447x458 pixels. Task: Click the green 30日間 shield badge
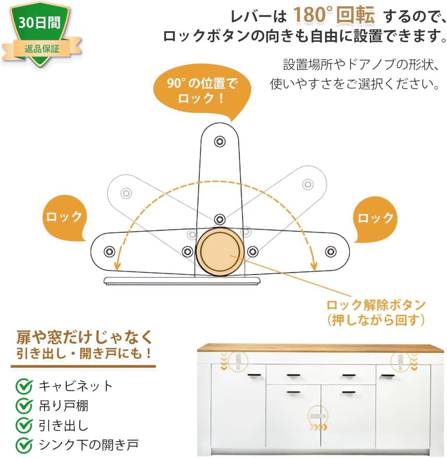click(40, 27)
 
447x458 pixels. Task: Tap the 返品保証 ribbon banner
click(42, 49)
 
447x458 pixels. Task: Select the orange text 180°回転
click(334, 16)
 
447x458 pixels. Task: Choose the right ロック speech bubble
click(375, 218)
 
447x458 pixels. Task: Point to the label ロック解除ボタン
click(376, 305)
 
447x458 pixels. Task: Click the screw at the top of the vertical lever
click(219, 142)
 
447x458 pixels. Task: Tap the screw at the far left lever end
click(110, 251)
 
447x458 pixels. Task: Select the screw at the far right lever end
click(330, 252)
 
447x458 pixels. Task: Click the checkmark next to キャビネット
click(24, 386)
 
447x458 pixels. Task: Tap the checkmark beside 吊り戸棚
click(24, 405)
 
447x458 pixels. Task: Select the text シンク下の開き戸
click(88, 445)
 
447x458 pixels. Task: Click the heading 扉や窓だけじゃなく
click(84, 337)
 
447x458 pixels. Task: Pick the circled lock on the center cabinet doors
click(319, 416)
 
